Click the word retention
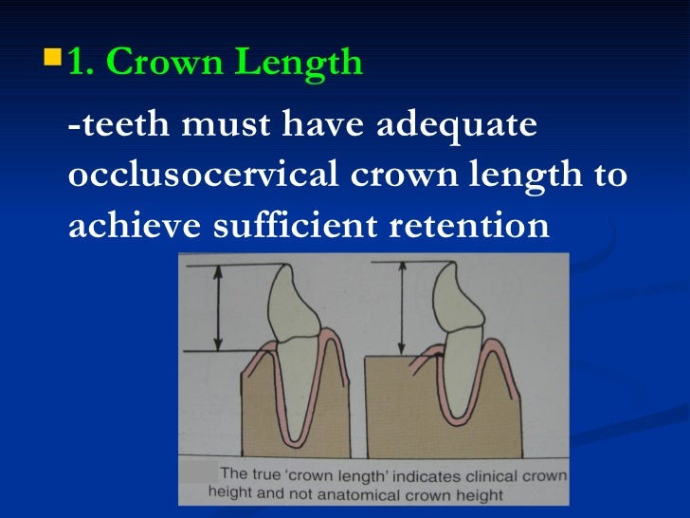pos(461,227)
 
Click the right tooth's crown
pos(469,302)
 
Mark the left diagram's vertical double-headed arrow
pos(217,308)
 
